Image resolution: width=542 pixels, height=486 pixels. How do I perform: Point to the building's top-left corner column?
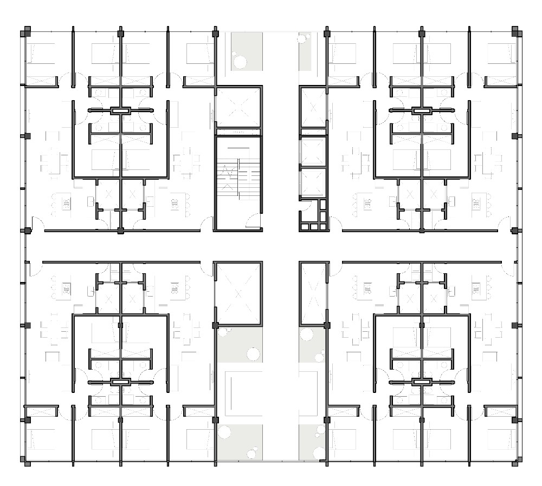click(x=25, y=32)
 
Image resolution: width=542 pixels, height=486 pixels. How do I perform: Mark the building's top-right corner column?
click(x=517, y=32)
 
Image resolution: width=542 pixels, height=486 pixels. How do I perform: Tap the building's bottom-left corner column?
click(x=25, y=460)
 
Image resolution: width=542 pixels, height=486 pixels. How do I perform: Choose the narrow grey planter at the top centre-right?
click(x=305, y=51)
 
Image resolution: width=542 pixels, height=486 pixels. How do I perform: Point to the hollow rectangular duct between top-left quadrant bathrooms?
click(x=120, y=110)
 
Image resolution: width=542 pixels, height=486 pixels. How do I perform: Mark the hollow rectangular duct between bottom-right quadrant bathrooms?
click(x=421, y=382)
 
